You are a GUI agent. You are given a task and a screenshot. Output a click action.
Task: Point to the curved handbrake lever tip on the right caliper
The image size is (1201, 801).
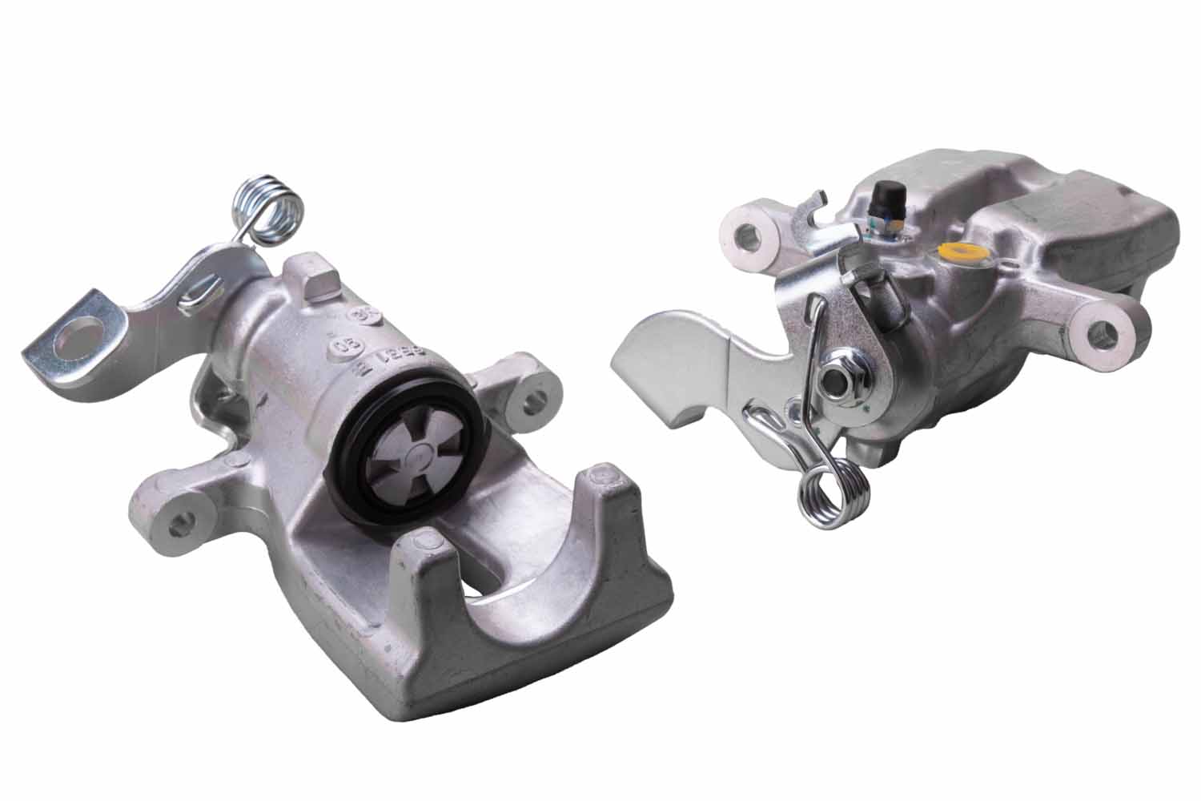tap(641, 352)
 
